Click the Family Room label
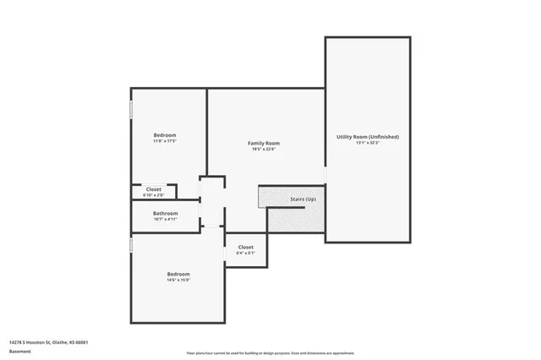(x=263, y=143)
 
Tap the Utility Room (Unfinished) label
(x=368, y=136)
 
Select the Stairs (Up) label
(x=303, y=199)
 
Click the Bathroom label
(x=165, y=213)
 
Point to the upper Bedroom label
(x=165, y=135)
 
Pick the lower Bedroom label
(x=178, y=274)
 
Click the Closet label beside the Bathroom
(x=154, y=188)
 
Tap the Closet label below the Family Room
(x=246, y=247)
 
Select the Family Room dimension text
(x=263, y=150)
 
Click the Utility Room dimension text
(x=368, y=143)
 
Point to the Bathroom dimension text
(x=165, y=220)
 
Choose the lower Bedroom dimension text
(x=178, y=281)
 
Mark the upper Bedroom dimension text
(x=165, y=142)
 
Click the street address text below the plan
(x=48, y=342)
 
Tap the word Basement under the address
(x=20, y=352)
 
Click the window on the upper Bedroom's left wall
(x=131, y=112)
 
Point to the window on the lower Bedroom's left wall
(x=131, y=244)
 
